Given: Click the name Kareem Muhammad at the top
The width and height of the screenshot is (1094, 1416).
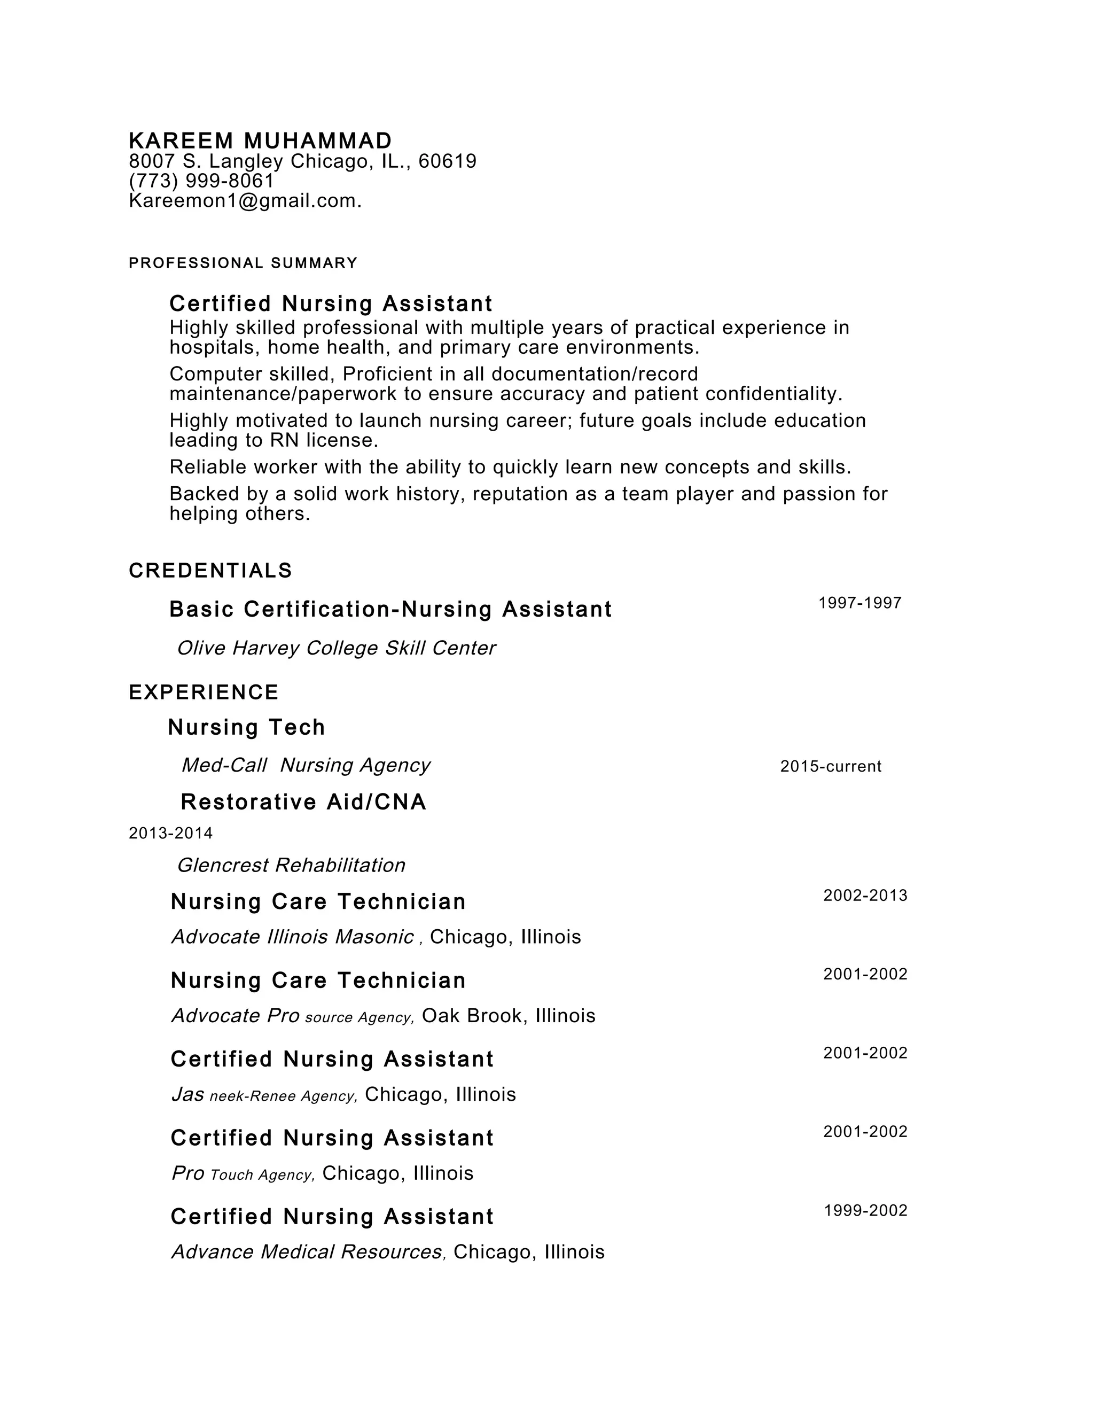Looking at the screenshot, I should pyautogui.click(x=260, y=141).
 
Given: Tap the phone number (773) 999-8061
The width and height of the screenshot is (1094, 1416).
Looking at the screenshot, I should pyautogui.click(x=201, y=181).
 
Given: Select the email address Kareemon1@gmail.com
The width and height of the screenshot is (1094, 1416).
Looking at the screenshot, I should pyautogui.click(x=244, y=201).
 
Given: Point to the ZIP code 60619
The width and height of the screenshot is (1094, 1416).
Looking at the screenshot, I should pyautogui.click(x=447, y=161).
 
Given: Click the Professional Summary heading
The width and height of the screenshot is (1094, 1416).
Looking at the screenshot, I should pyautogui.click(x=243, y=263).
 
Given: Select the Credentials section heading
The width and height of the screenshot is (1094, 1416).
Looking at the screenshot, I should pyautogui.click(x=210, y=571).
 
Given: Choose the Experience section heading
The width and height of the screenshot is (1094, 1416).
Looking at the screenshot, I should pyautogui.click(x=204, y=693).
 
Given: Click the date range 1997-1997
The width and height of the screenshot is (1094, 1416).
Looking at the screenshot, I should pyautogui.click(x=859, y=603).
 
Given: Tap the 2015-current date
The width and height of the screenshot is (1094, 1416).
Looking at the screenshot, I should pyautogui.click(x=830, y=766).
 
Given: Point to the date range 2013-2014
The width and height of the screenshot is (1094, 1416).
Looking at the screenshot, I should pyautogui.click(x=170, y=833).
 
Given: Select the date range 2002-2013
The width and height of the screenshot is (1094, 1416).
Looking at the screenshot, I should pyautogui.click(x=865, y=896).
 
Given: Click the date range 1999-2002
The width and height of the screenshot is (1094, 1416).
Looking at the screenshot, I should pyautogui.click(x=865, y=1210).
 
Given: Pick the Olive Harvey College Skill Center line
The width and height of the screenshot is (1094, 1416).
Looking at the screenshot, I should pyautogui.click(x=335, y=648).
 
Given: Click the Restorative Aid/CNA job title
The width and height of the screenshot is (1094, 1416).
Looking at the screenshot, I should pyautogui.click(x=303, y=802).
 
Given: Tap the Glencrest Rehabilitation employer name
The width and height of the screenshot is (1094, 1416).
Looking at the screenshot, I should pyautogui.click(x=291, y=865).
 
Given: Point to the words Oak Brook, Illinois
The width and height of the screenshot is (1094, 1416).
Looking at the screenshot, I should pyautogui.click(x=508, y=1015).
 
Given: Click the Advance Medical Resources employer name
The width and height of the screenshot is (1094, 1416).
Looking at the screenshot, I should pyautogui.click(x=307, y=1251).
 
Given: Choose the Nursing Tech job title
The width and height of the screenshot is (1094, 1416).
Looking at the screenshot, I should pyautogui.click(x=246, y=727).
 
